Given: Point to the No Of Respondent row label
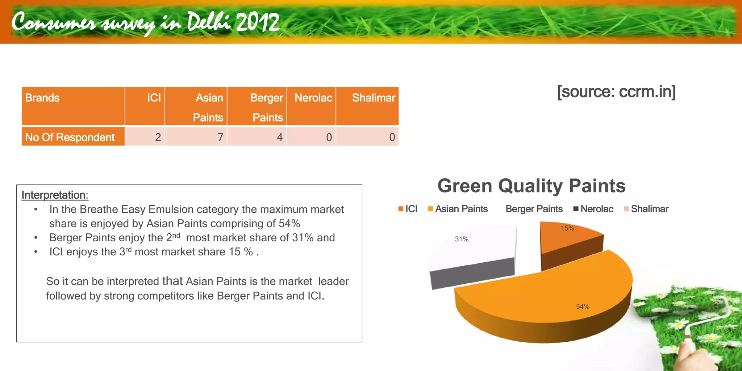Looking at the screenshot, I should pyautogui.click(x=70, y=137).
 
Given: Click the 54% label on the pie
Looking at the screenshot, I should pyautogui.click(x=583, y=307).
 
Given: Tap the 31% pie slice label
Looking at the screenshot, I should pyautogui.click(x=462, y=239).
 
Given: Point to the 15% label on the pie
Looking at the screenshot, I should pyautogui.click(x=567, y=228).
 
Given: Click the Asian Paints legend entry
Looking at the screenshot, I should pyautogui.click(x=458, y=209).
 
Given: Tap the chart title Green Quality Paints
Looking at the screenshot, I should pyautogui.click(x=531, y=186).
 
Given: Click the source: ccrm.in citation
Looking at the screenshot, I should pyautogui.click(x=616, y=92).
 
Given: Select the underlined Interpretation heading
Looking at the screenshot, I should pyautogui.click(x=55, y=195).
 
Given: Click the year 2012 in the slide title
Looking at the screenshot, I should pyautogui.click(x=258, y=22).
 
